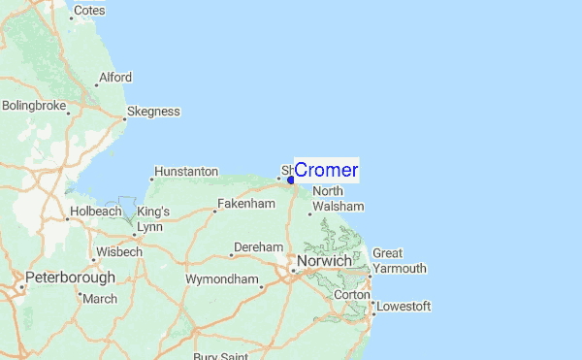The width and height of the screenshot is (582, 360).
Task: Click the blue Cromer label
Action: (x=326, y=171)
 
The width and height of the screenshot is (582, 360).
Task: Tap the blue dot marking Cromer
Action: (x=291, y=180)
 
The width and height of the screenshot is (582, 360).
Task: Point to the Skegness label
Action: (x=153, y=112)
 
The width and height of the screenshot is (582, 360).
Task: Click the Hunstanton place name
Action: (x=186, y=172)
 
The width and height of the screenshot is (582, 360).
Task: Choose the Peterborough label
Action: (x=70, y=278)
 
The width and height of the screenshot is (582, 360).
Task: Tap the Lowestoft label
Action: (x=404, y=307)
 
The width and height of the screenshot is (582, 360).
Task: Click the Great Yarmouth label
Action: (x=399, y=261)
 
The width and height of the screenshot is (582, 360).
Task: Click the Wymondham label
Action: (x=223, y=280)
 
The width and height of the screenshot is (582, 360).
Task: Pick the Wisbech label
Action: (x=119, y=252)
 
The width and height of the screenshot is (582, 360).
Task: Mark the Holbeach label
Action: (x=94, y=212)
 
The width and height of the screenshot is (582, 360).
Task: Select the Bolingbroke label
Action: (x=34, y=105)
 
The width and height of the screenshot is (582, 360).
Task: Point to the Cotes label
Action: (x=89, y=10)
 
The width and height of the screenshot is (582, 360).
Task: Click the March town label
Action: (x=100, y=299)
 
